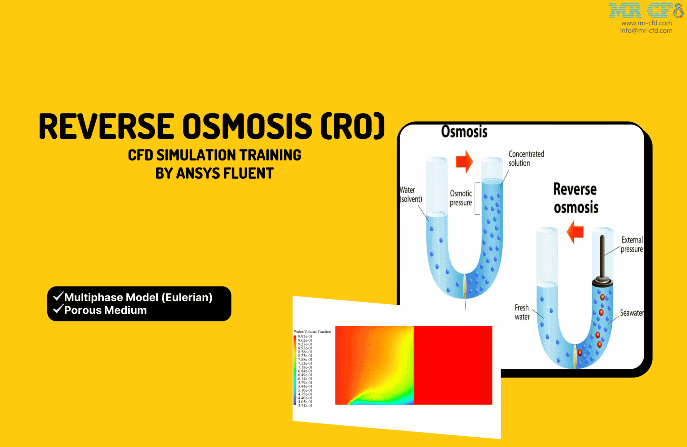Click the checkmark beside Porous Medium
(58, 309)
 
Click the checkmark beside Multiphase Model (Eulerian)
(58, 296)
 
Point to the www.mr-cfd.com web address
(646, 23)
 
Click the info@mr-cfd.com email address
(646, 31)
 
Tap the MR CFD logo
(645, 11)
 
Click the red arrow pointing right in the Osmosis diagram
(464, 162)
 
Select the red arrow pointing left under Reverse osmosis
(575, 232)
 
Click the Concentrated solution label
(526, 159)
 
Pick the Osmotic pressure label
(461, 198)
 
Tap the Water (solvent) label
(411, 195)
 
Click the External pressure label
(632, 244)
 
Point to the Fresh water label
(522, 312)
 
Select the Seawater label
(632, 313)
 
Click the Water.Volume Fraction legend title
(312, 331)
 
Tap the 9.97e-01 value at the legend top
(305, 337)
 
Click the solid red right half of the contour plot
(453, 365)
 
